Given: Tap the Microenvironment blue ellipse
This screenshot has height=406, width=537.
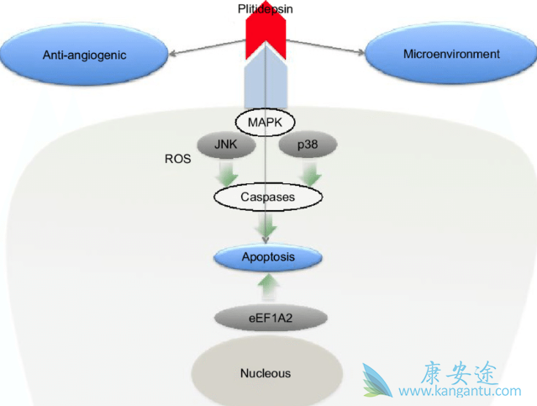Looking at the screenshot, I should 451,54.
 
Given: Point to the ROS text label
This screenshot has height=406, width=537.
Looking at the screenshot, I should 178,158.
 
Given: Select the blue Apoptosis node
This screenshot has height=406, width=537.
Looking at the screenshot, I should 268,256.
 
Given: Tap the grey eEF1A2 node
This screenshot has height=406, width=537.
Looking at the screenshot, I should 268,318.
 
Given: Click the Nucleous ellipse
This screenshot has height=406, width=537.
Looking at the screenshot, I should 266,372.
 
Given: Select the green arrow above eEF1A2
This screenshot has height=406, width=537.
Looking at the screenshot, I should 268,287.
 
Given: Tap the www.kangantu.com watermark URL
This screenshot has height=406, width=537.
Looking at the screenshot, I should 460,392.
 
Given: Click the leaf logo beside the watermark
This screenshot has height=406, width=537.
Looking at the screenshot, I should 377,380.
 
